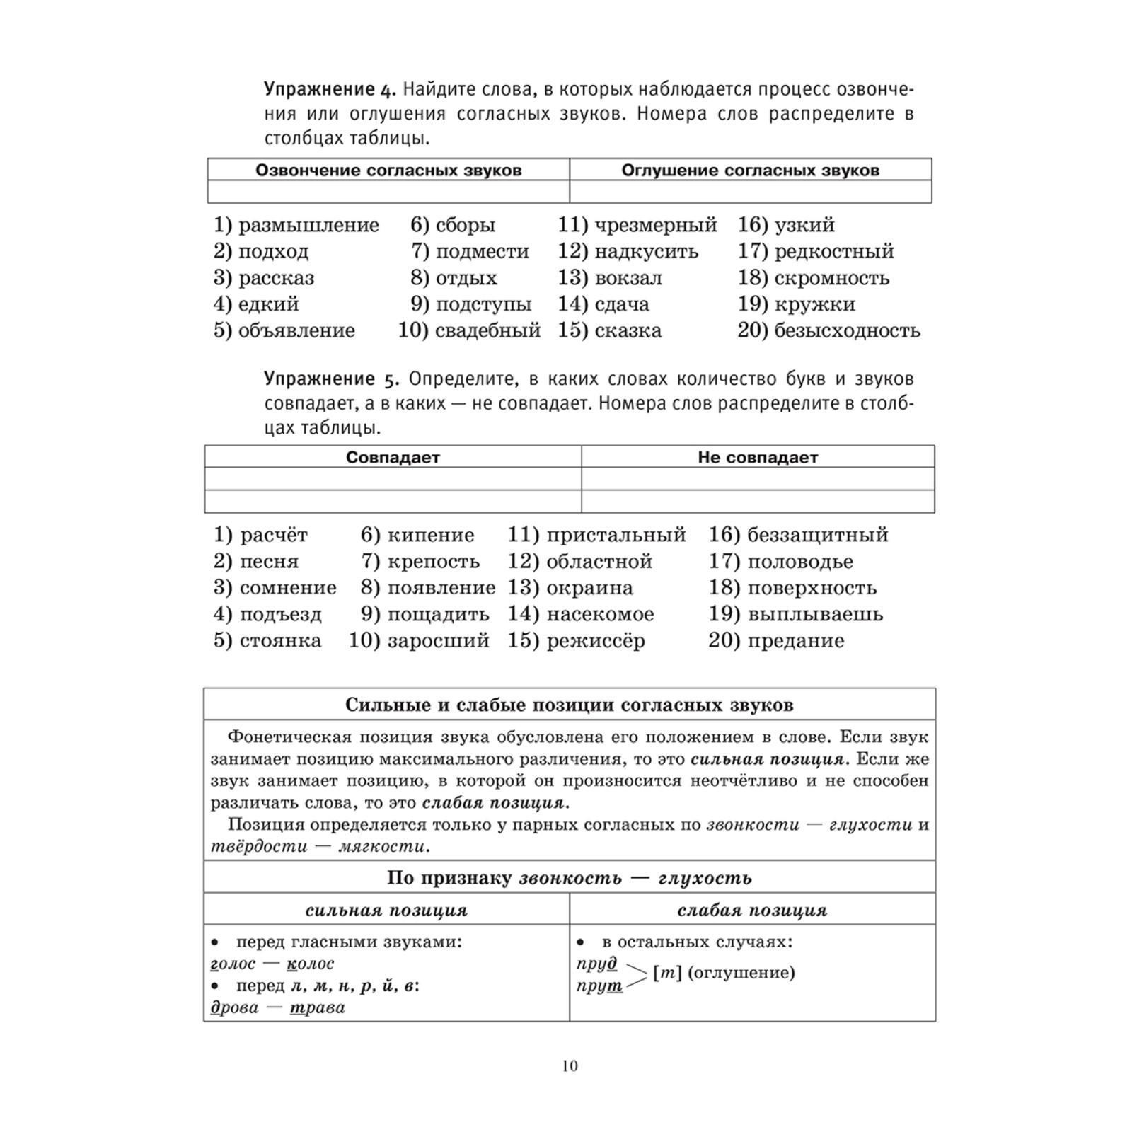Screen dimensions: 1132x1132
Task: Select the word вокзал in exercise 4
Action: [628, 278]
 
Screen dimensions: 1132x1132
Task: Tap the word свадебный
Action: [487, 330]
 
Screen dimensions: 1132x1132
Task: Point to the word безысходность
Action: [847, 330]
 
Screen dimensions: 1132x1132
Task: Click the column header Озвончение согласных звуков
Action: [388, 171]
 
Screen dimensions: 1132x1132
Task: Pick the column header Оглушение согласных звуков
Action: [750, 171]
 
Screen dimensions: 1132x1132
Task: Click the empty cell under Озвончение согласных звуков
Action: [388, 192]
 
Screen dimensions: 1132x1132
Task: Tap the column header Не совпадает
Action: [757, 457]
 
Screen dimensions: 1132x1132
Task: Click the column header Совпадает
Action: [393, 457]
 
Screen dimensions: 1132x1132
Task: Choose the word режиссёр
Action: [596, 641]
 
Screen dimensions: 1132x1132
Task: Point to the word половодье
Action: [800, 562]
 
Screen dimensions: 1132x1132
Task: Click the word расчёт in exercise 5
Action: [274, 535]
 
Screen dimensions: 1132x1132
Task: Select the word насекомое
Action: [600, 614]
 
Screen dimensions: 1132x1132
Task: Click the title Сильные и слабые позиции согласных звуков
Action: [569, 705]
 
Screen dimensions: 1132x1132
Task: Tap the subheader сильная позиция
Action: [386, 910]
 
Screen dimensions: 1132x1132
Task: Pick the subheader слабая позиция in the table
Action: [752, 910]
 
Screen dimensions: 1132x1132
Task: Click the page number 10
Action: [570, 1066]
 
